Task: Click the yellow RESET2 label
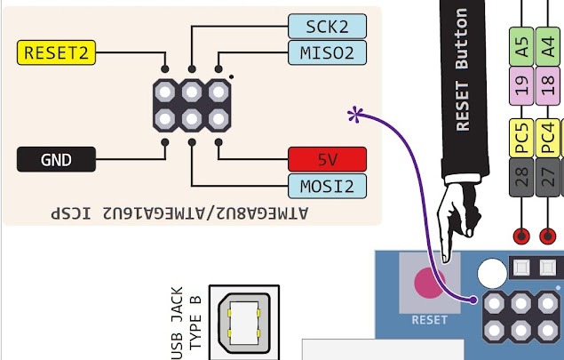tap(57, 52)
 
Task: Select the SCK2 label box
tap(326, 26)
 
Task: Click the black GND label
tap(57, 160)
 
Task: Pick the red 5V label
tap(327, 160)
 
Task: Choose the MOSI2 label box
tap(326, 186)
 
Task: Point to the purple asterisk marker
tap(356, 114)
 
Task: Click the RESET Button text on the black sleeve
tap(462, 71)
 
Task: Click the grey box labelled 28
tap(521, 179)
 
